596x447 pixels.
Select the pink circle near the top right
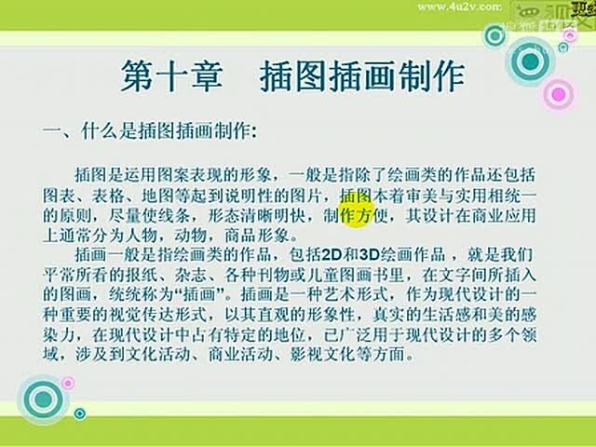[557, 93]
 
